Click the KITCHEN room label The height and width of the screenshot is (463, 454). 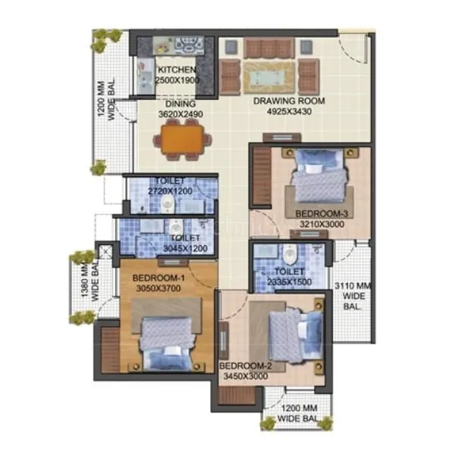[176, 70]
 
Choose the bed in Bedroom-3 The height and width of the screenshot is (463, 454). [319, 178]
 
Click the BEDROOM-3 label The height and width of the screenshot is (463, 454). [320, 213]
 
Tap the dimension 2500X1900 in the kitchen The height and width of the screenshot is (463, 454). [176, 79]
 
